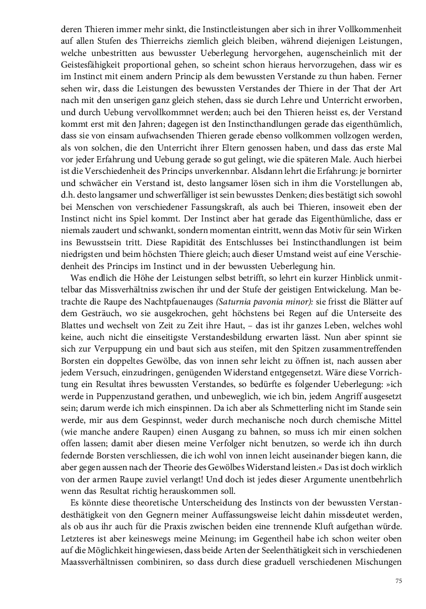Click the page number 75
pos(398,581)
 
